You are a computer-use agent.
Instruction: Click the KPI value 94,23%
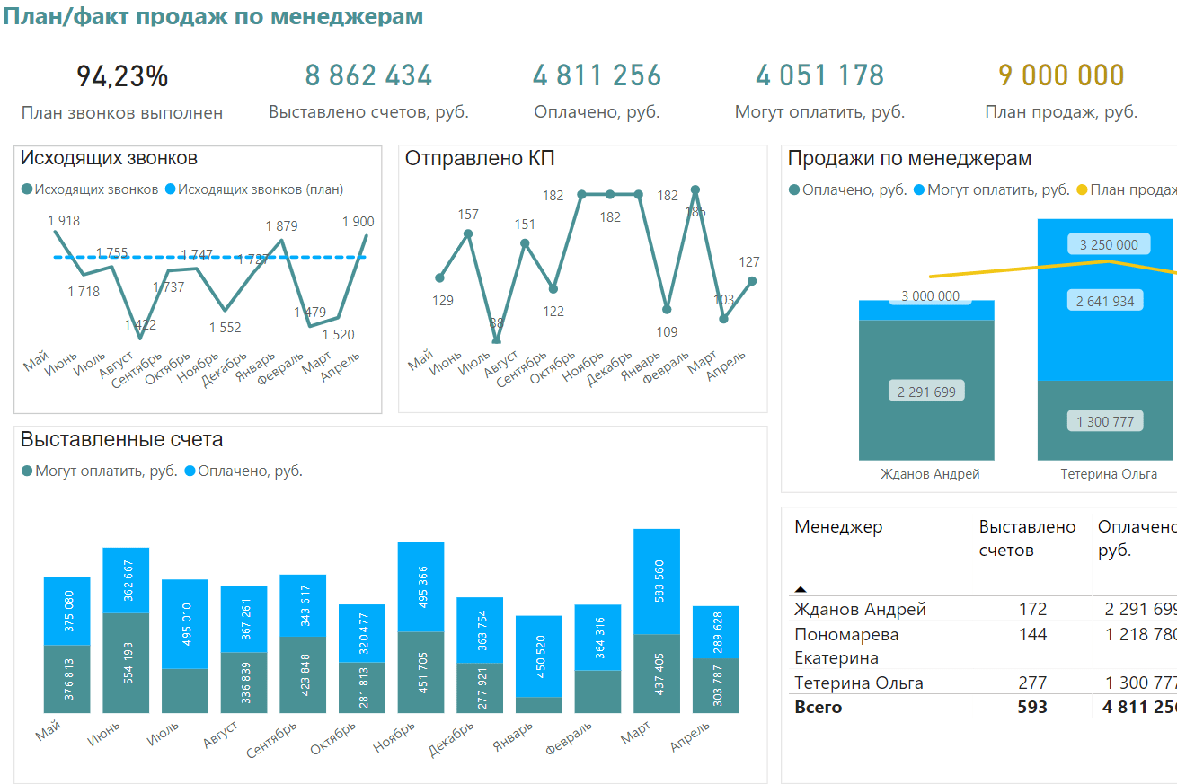point(122,76)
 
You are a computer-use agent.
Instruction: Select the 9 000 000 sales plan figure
point(1061,75)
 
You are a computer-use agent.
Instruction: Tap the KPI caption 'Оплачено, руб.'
point(597,112)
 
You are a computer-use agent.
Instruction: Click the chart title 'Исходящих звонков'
point(109,159)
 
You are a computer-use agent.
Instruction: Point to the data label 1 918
point(64,221)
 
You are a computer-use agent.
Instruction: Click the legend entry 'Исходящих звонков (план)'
point(261,189)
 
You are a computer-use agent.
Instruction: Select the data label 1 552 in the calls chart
point(225,328)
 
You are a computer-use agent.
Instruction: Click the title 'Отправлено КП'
point(480,159)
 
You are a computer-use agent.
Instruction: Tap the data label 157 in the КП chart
point(468,215)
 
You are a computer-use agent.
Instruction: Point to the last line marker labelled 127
point(752,281)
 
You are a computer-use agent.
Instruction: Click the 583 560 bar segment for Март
point(657,582)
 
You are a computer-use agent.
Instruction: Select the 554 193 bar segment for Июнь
point(126,663)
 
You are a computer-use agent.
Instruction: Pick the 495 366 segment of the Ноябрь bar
point(420,586)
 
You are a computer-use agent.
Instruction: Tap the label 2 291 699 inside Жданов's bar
point(926,391)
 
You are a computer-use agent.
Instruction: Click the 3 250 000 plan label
point(1109,244)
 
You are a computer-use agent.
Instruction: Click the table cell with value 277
point(1032,683)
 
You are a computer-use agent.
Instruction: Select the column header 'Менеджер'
point(838,527)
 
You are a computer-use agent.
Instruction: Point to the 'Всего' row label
point(819,708)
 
